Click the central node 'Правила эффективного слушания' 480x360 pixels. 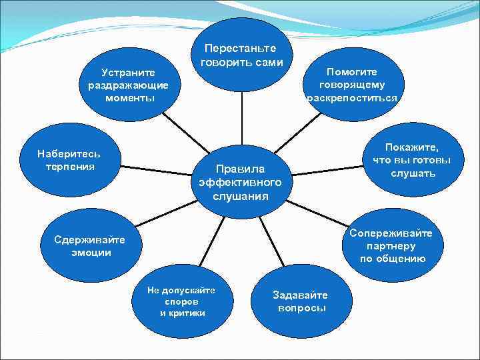241,181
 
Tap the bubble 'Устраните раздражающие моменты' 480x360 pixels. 129,85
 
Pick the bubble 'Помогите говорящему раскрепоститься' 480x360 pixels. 352,85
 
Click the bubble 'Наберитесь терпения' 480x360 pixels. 69,160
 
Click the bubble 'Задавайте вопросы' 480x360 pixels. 300,301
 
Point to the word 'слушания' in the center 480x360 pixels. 241,196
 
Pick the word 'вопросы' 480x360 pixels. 301,308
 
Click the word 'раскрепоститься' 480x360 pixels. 352,97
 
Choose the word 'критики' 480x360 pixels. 183,313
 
